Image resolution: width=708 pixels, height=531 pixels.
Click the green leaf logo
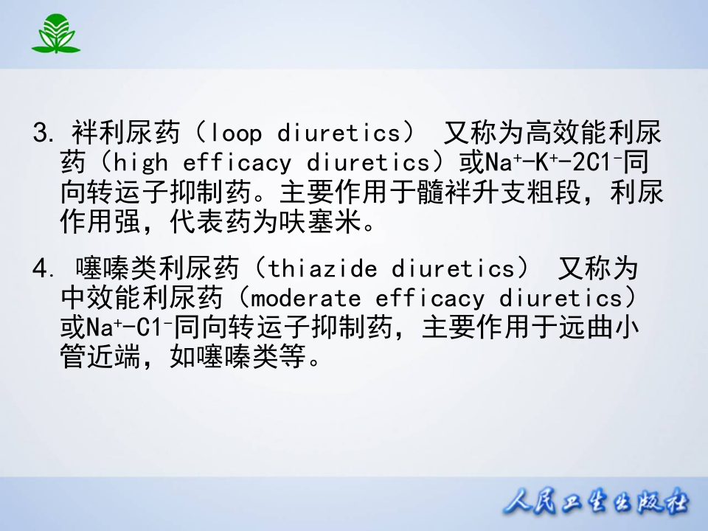coord(55,34)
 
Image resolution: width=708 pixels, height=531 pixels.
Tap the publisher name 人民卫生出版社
coord(596,504)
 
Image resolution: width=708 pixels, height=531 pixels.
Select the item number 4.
coord(40,269)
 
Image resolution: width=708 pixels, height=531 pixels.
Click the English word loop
coord(236,133)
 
